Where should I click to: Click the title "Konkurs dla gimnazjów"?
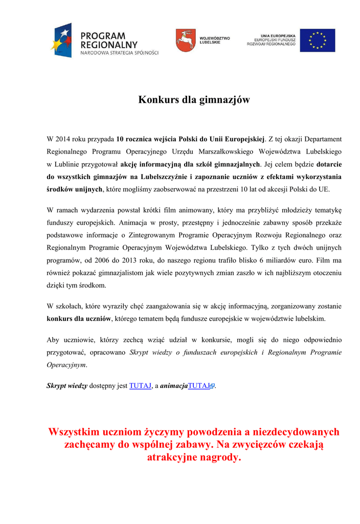[x=194, y=100]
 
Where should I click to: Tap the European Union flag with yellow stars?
[x=318, y=40]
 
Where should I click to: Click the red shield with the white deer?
[x=185, y=40]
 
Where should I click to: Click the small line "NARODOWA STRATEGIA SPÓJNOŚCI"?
[x=120, y=53]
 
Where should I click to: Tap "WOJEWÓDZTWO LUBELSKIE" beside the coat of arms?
[x=214, y=40]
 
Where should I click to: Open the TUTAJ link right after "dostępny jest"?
[x=140, y=386]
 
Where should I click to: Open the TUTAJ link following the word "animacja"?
[x=199, y=386]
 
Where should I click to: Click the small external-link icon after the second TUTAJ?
[x=212, y=386]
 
